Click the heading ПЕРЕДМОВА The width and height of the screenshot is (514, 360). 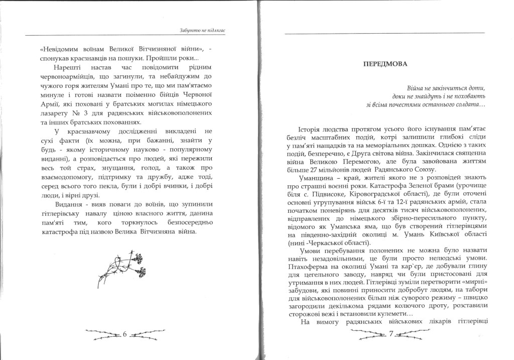[385, 64]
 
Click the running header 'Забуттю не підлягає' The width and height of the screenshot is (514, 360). [202, 31]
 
